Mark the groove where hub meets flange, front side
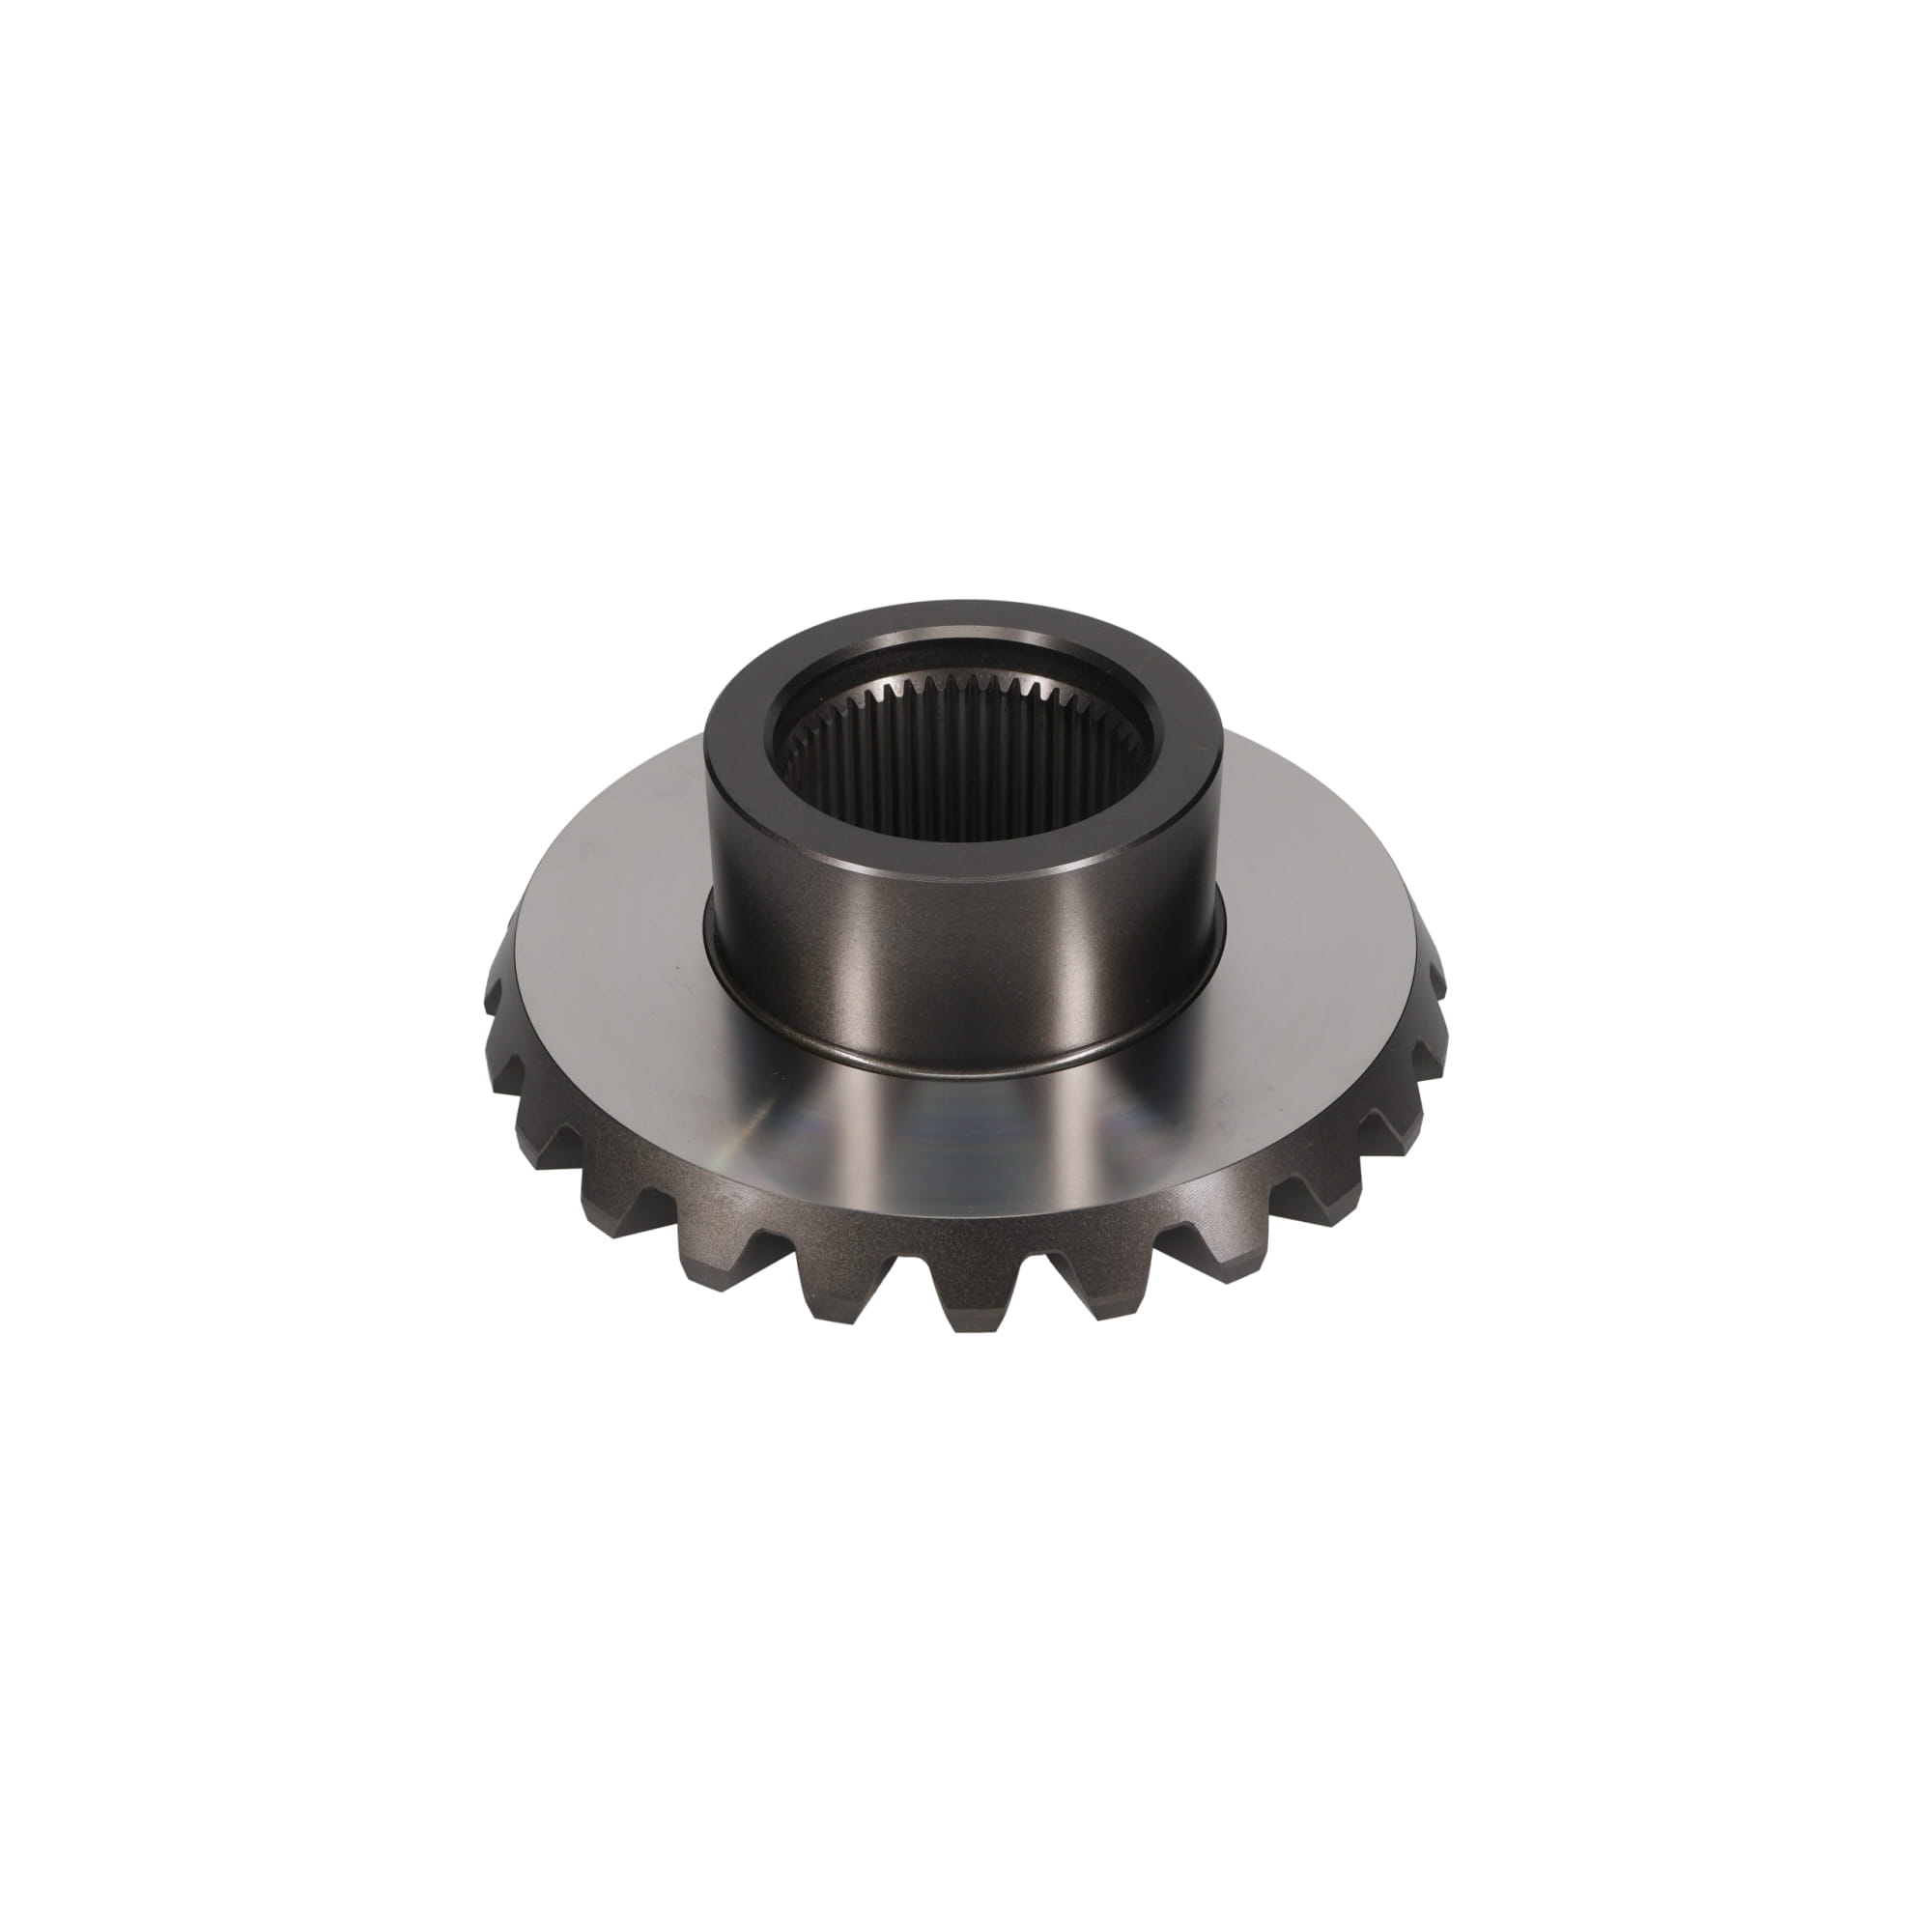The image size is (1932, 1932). pyautogui.click(x=966, y=1068)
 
